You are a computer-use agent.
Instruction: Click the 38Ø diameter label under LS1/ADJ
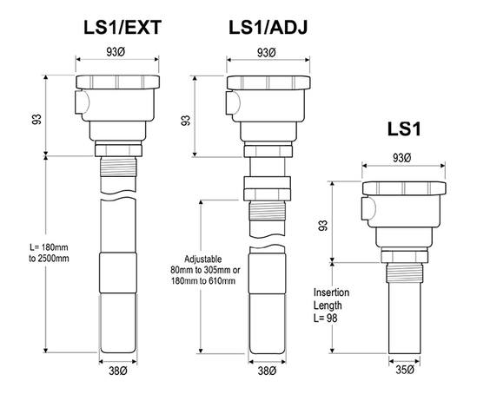[268, 371]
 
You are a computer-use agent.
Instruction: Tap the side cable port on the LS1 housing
[368, 209]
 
